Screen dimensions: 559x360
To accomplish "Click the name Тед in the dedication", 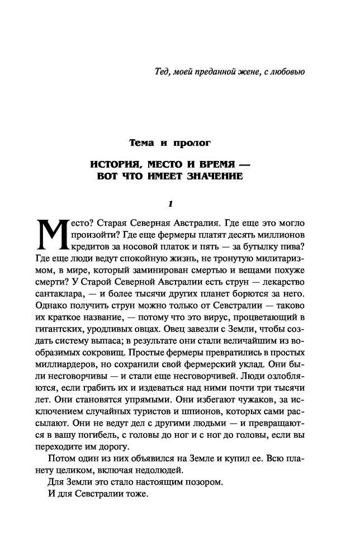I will (x=163, y=72).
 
